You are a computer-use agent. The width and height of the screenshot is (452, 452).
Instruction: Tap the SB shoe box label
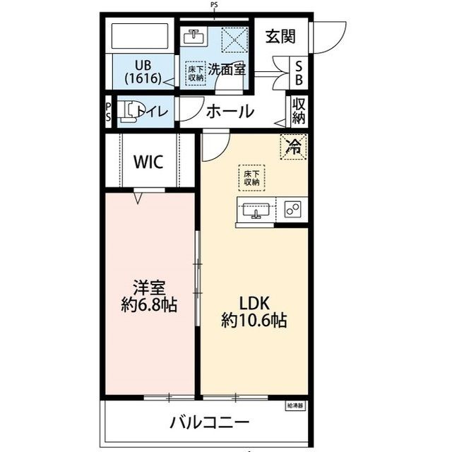(299, 71)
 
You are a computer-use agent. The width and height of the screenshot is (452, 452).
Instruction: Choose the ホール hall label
(230, 111)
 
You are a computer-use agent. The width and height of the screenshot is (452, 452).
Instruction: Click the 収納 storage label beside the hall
(299, 111)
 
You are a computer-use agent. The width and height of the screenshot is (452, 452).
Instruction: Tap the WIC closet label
(148, 162)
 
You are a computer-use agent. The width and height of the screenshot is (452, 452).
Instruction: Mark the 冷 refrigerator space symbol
(293, 147)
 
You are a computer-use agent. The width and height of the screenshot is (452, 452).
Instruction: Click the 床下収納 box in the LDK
(251, 177)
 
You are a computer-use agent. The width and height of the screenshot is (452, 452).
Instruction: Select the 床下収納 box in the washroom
(196, 73)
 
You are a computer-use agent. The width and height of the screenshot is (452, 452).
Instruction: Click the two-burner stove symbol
(293, 210)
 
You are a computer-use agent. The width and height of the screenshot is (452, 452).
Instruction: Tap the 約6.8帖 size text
(148, 305)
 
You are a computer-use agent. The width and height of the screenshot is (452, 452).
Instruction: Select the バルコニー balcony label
(209, 423)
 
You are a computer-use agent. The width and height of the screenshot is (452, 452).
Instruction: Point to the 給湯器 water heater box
(295, 406)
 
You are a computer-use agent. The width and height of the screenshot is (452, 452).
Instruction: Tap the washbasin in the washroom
(194, 37)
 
